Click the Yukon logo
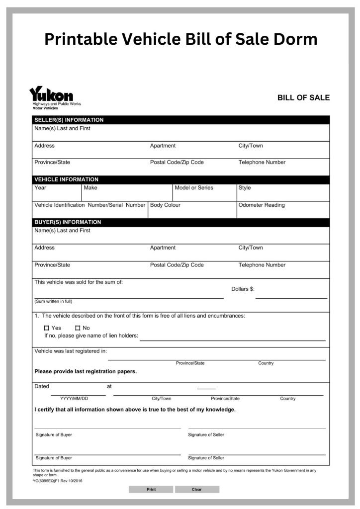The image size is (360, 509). point(52,94)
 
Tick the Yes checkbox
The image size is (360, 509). point(47,328)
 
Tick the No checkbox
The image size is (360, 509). point(78,328)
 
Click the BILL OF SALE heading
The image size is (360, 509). point(303,98)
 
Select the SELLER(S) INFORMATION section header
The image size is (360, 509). point(69,120)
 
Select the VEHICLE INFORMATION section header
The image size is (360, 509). point(66,179)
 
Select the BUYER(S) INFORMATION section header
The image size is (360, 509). point(67,222)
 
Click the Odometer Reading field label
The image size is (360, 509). point(262,205)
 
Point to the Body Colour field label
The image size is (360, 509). point(165,205)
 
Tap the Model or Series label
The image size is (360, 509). point(194,188)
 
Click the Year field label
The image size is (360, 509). point(40,188)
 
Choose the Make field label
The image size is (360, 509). point(90,188)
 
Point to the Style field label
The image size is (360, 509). point(245,188)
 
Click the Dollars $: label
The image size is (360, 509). point(243,289)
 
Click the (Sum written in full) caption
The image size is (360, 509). point(53,301)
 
